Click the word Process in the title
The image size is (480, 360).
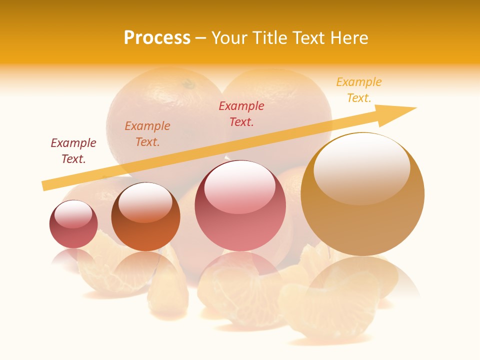coord(157,38)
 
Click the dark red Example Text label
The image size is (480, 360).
coord(73,151)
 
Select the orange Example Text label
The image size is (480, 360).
coord(147,134)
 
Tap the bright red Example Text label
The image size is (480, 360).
coord(241,114)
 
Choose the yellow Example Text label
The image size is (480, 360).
coord(359,90)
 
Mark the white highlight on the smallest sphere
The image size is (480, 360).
coord(73,214)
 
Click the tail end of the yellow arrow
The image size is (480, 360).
coord(46,186)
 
